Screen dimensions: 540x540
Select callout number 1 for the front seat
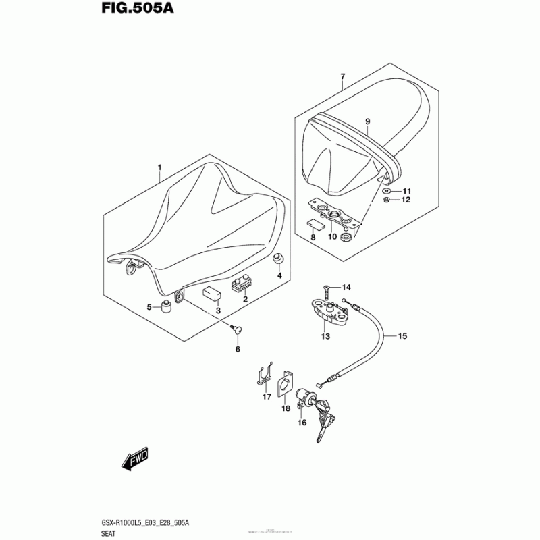tap(160, 167)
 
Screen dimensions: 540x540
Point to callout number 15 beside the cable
tap(402, 335)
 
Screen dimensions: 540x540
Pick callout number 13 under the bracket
tap(325, 336)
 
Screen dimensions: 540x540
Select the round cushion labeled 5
tap(164, 310)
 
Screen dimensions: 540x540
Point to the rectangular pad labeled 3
tap(213, 292)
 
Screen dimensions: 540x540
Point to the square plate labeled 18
tap(286, 383)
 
